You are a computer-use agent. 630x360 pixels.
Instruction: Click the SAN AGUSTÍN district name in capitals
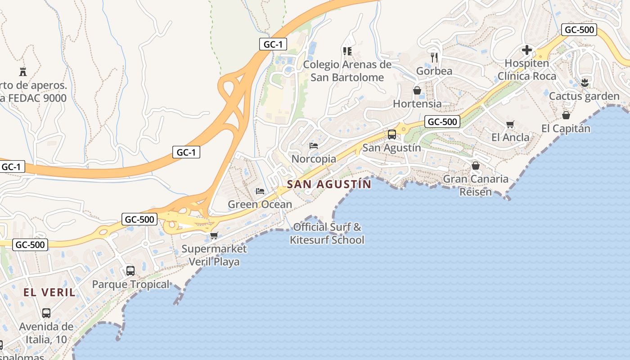329,184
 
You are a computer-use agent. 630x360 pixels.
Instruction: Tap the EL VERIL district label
49,292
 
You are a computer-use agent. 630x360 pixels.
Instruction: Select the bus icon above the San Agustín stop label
392,134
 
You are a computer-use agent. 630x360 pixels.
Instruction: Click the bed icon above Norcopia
314,146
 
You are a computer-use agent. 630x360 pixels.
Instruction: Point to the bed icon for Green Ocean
260,191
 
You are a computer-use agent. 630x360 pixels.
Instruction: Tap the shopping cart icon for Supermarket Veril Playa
214,235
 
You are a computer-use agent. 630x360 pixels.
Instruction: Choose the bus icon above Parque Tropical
130,271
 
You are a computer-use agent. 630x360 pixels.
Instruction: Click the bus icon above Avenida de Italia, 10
46,313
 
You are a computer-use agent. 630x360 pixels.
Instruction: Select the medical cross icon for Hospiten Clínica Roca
526,50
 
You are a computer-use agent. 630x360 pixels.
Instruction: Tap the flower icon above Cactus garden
585,82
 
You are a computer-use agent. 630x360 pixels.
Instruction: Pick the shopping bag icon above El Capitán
566,115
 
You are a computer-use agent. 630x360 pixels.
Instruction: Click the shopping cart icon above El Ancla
510,124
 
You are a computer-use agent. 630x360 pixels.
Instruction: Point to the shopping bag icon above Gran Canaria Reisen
476,166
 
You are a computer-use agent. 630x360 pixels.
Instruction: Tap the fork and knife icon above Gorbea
434,58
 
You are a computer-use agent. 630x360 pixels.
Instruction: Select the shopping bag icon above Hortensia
417,90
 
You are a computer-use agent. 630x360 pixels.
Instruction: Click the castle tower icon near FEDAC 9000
23,72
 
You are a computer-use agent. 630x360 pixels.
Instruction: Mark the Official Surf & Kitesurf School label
327,233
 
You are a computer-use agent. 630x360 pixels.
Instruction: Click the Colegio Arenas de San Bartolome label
347,71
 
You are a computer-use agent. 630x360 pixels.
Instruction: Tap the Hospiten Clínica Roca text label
526,69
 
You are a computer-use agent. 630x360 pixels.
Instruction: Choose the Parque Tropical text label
130,284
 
